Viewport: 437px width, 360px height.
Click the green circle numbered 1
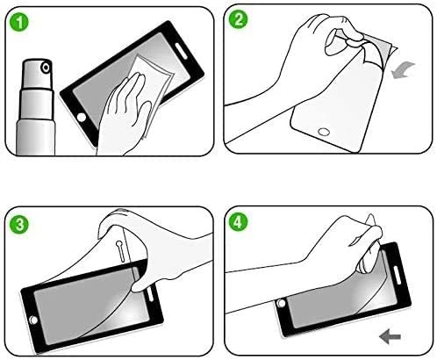point(19,22)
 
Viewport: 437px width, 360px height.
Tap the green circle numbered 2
point(238,19)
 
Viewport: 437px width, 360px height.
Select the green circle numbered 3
point(19,225)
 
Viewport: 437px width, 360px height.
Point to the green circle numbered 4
point(238,222)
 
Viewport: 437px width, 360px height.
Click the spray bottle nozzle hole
point(46,68)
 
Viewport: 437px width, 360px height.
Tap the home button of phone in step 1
point(81,117)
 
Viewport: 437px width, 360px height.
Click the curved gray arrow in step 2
point(403,70)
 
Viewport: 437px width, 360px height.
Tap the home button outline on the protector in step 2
point(324,132)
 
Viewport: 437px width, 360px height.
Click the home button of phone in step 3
point(33,320)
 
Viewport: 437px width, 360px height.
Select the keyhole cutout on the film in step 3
point(120,251)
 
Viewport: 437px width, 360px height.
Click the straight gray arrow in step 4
point(390,336)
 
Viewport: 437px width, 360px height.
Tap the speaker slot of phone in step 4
point(397,275)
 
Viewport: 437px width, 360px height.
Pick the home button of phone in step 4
point(281,303)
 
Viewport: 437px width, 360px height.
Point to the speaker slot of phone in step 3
point(150,293)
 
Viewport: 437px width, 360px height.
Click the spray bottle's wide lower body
point(36,137)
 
